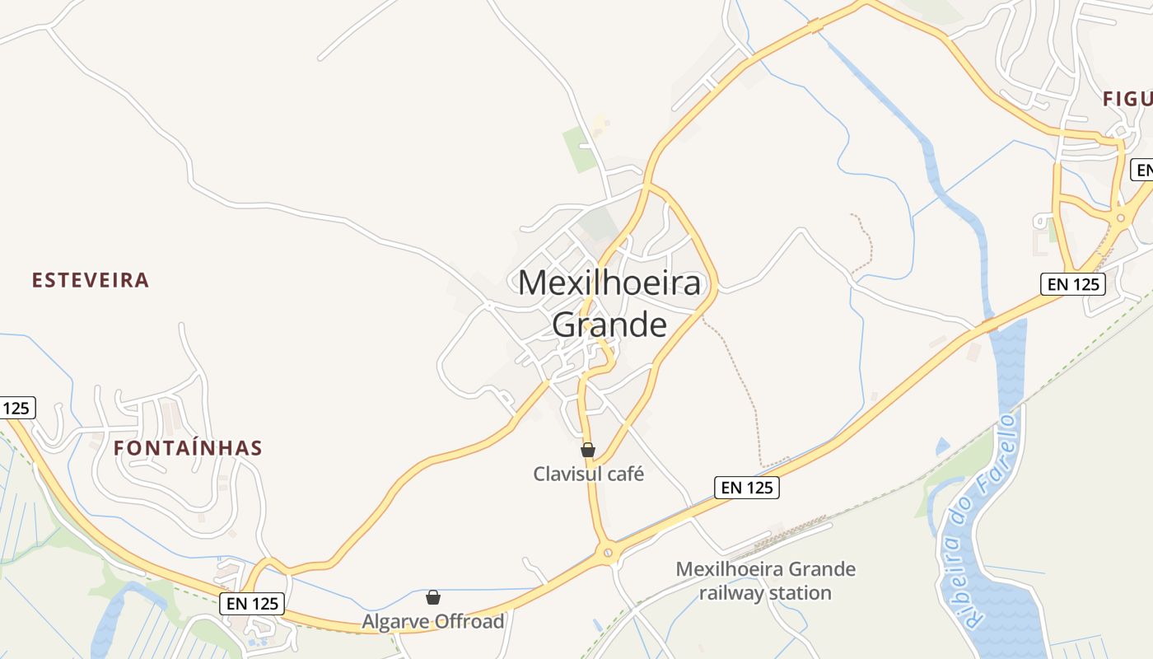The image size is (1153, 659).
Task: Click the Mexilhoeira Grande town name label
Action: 609,303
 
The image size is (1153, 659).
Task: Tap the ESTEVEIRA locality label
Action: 91,280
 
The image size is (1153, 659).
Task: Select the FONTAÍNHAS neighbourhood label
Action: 188,448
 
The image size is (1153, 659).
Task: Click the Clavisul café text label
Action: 588,474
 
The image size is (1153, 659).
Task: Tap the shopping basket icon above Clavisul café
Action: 588,450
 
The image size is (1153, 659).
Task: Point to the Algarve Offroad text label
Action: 433,621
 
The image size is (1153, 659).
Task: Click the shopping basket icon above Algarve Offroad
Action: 433,597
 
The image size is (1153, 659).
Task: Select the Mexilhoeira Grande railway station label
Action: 765,581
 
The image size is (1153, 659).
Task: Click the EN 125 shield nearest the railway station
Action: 747,488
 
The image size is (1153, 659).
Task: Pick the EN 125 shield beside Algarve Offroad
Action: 253,603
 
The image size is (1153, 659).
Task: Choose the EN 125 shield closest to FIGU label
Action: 1071,284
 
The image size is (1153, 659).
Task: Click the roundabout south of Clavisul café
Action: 609,552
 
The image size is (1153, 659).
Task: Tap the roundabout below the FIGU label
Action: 1121,217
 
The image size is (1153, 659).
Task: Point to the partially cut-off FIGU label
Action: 1127,99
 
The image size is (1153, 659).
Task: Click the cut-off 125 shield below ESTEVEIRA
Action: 16,407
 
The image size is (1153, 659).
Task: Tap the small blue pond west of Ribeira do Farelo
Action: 942,446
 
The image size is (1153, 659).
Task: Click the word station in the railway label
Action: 800,593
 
